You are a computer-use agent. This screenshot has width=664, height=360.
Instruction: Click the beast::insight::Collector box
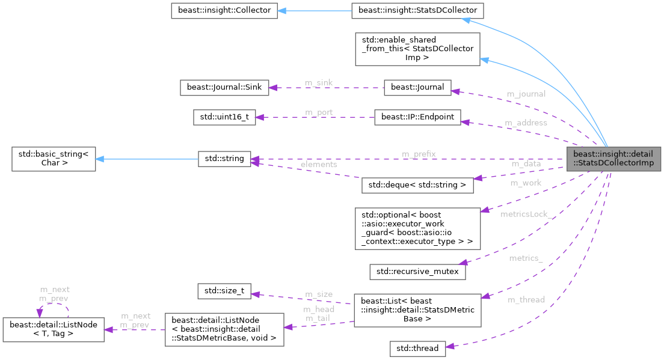click(x=224, y=10)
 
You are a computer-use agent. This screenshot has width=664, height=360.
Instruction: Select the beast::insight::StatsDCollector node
click(x=417, y=10)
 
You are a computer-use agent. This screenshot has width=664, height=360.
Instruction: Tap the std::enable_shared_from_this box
click(x=417, y=49)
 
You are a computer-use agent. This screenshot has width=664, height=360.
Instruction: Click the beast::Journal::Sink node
click(x=224, y=87)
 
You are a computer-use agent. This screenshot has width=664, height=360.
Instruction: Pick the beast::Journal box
click(x=417, y=87)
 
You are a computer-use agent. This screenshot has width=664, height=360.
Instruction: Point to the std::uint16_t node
click(x=224, y=117)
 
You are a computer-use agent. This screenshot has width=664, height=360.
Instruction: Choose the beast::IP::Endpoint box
click(x=417, y=117)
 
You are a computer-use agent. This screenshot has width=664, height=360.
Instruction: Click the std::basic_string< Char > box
click(x=54, y=159)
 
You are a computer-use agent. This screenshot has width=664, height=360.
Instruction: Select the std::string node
click(x=224, y=159)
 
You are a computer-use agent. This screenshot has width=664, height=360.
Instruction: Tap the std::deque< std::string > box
click(x=417, y=185)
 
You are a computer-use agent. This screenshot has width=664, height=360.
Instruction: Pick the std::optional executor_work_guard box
click(x=417, y=228)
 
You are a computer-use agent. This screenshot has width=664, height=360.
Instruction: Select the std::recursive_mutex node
click(x=417, y=271)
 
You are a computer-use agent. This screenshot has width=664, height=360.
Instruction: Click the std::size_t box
click(x=224, y=291)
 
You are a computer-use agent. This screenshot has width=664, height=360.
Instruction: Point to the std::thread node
click(x=417, y=348)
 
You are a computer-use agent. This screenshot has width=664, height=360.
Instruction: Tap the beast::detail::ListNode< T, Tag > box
click(x=54, y=329)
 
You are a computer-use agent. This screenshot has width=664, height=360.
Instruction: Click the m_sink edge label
click(x=319, y=82)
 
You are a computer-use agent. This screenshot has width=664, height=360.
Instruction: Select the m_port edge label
click(x=319, y=112)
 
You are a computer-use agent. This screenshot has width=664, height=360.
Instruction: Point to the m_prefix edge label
click(x=419, y=154)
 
